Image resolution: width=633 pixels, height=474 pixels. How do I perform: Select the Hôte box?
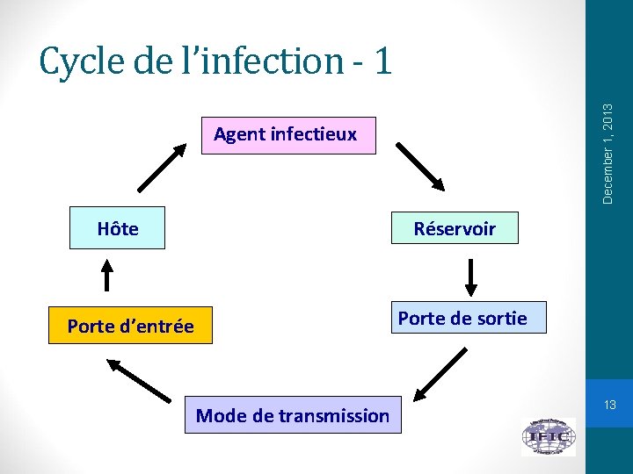pyautogui.click(x=118, y=230)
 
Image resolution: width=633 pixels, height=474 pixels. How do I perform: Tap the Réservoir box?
pyautogui.click(x=455, y=230)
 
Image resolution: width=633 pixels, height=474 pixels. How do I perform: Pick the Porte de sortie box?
pyautogui.click(x=462, y=319)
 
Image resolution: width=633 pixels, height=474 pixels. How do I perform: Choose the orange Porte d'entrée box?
pyautogui.click(x=130, y=327)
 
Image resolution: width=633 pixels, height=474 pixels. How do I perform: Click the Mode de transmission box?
pyautogui.click(x=292, y=415)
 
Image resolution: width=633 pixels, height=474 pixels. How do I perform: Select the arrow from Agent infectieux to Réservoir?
pyautogui.click(x=421, y=166)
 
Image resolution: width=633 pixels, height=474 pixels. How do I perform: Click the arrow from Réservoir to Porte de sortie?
pyautogui.click(x=471, y=278)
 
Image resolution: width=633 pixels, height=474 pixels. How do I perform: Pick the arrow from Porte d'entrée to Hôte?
pyautogui.click(x=107, y=274)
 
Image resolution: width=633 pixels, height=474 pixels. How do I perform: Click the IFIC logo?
pyautogui.click(x=548, y=436)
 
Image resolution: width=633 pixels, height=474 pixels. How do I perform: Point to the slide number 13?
pyautogui.click(x=608, y=406)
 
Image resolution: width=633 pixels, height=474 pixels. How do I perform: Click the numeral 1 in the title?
pyautogui.click(x=381, y=61)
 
